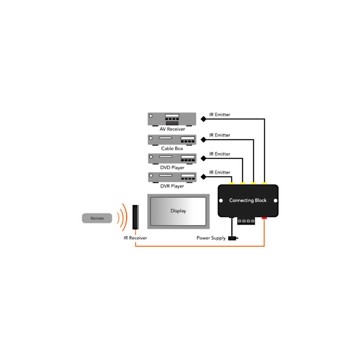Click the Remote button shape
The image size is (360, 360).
97,218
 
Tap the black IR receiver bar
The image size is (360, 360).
136,217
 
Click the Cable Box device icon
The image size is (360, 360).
172,140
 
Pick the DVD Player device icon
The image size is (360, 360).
172,159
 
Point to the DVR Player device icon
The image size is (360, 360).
172,177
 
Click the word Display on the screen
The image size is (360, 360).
178,211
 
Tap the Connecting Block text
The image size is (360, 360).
248,200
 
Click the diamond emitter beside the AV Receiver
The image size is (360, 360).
203,119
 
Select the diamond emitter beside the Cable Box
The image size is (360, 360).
203,139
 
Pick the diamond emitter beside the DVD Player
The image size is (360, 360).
203,158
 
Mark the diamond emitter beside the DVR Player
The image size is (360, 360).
203,177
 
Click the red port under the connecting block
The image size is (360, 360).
264,218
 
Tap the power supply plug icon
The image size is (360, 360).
233,238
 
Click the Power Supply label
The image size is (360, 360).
211,238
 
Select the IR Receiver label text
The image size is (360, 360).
135,238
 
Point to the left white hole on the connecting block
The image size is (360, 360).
221,201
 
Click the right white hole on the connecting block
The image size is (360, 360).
275,201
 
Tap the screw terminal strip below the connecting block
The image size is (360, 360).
246,221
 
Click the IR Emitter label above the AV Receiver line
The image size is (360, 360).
219,114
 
